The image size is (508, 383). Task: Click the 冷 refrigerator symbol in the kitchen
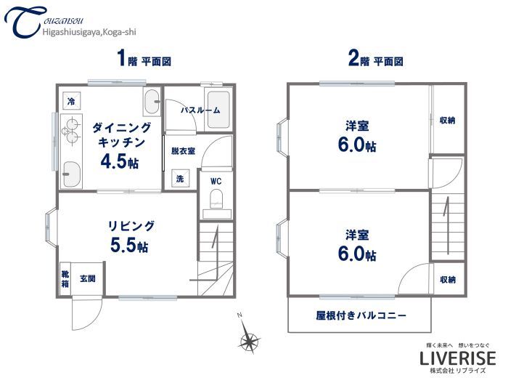pos(71,102)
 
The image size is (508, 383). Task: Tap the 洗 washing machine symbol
pos(179,178)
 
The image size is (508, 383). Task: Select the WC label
pos(216,180)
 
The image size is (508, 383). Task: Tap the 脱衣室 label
pos(183,151)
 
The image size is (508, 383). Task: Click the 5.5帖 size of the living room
pos(129,246)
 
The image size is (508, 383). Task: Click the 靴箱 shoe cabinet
pos(65,278)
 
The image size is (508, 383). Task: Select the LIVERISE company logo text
pos(458,358)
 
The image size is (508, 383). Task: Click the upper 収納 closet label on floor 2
pos(448,120)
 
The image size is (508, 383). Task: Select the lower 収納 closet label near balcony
pos(448,279)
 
